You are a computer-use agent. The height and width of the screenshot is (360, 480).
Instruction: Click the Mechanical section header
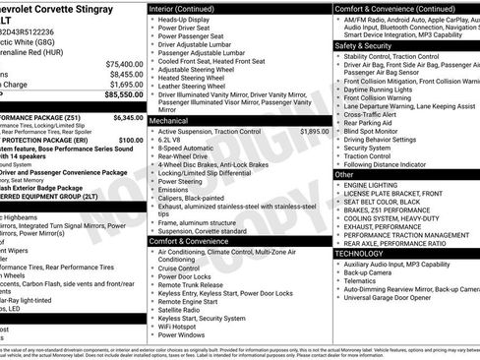168,119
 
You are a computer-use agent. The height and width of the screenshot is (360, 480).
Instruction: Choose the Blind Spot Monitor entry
376,131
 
